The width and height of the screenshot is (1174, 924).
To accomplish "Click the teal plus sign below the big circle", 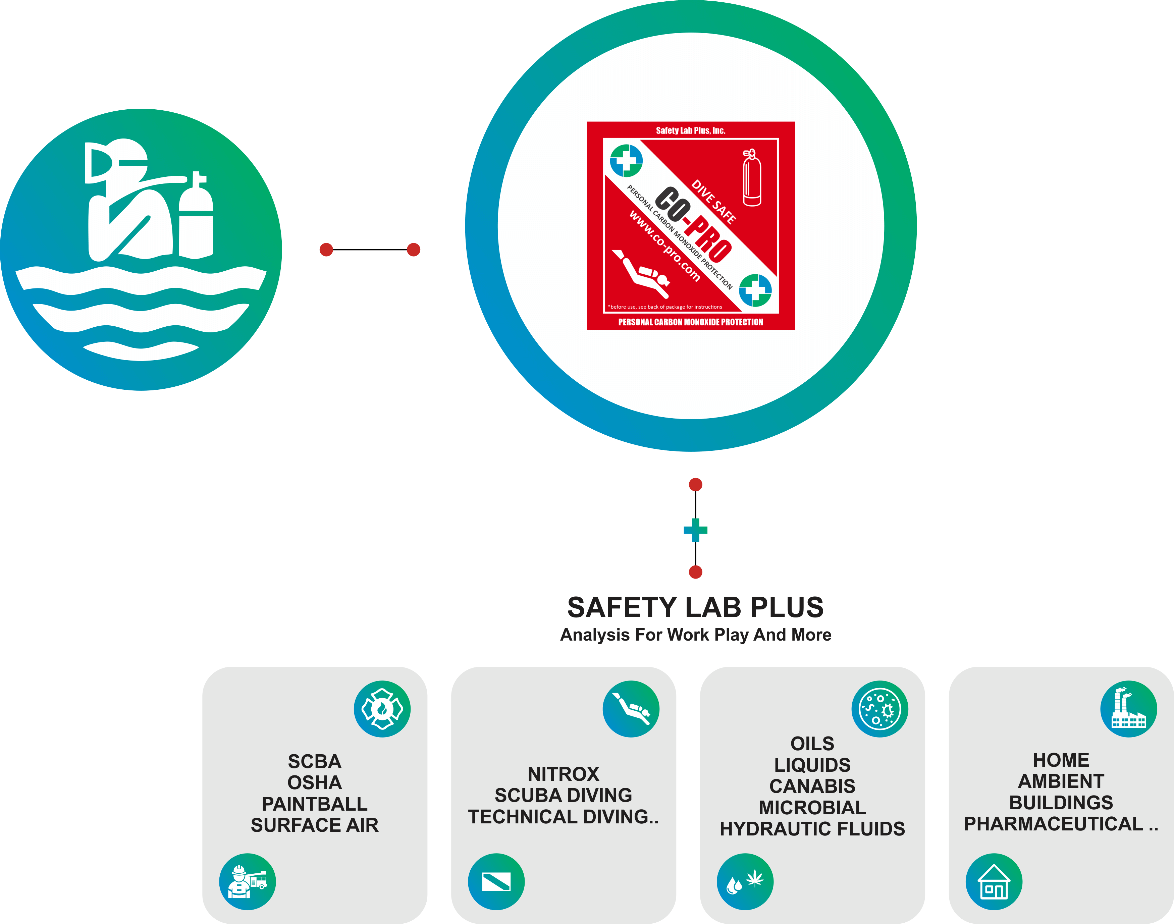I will (695, 530).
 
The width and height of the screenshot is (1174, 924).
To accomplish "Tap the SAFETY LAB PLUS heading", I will (695, 607).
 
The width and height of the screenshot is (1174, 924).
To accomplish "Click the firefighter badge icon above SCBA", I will (382, 709).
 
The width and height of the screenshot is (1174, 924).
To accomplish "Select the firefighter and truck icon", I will (247, 882).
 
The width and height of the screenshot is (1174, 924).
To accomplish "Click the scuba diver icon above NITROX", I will (631, 709).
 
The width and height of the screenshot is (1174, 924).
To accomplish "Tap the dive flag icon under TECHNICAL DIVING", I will (496, 882).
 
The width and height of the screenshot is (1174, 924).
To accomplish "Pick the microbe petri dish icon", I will (880, 709).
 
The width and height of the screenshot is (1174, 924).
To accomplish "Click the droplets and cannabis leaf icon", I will (745, 882).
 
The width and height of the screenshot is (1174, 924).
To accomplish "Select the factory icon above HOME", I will (1129, 709).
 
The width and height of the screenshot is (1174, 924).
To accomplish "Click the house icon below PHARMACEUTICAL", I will (994, 882).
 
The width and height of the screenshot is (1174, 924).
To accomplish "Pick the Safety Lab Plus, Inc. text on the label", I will (690, 130).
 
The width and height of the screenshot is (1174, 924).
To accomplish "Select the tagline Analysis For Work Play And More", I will (695, 635).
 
